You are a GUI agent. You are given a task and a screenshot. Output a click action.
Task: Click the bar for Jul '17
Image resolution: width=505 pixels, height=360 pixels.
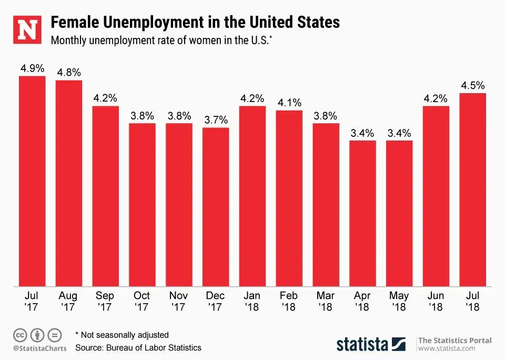[32, 182]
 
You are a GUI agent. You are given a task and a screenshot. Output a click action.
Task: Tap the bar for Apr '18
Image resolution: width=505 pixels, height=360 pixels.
[362, 213]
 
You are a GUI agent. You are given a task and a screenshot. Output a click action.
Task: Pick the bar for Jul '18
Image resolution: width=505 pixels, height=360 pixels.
[473, 189]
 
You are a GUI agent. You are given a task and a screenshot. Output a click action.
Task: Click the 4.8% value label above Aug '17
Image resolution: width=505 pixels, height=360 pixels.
[68, 72]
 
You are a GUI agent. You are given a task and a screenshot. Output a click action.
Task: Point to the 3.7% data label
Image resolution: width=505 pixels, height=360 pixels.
[216, 119]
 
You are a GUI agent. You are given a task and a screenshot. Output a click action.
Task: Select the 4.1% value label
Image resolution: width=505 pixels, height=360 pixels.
[289, 102]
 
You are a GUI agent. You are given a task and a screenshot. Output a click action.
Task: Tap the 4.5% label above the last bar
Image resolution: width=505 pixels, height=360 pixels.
[472, 85]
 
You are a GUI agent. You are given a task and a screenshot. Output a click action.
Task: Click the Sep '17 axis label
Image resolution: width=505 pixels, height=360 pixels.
[105, 301]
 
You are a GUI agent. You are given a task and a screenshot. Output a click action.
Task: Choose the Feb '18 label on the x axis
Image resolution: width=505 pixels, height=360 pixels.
[289, 301]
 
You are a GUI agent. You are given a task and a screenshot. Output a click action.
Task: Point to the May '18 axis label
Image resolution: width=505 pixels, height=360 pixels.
[399, 301]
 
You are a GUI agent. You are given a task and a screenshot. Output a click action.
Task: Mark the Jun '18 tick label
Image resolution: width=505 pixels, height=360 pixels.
[436, 301]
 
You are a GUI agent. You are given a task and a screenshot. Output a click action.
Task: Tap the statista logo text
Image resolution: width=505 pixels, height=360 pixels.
[362, 345]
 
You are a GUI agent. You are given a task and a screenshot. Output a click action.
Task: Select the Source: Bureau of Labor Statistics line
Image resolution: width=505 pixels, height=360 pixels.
[138, 348]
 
